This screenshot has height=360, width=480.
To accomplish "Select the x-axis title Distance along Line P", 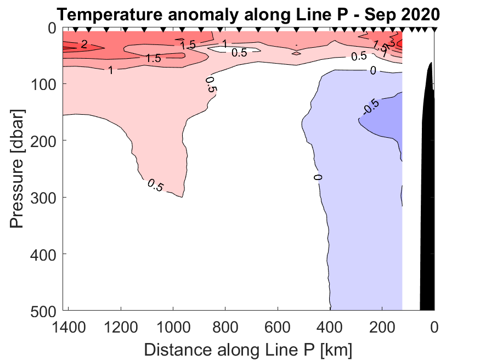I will [248, 349].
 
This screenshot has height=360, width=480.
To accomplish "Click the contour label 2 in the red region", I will [84, 45].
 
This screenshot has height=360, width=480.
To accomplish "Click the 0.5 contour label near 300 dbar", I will [155, 186].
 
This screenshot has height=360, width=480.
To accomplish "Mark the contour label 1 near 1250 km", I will [111, 70].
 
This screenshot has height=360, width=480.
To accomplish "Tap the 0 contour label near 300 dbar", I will [318, 177].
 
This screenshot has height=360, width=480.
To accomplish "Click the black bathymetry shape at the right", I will [427, 192].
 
